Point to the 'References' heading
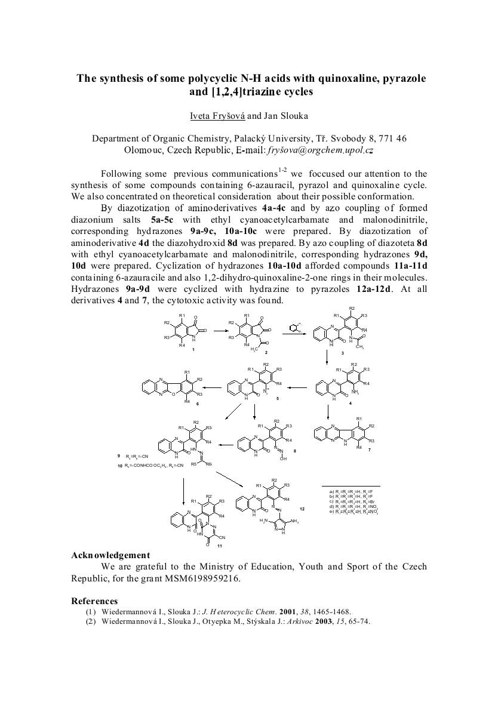(94, 601)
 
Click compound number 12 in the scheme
(302, 509)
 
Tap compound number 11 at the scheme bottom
(220, 546)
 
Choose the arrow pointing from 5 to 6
(213, 387)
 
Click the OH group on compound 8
(283, 459)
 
